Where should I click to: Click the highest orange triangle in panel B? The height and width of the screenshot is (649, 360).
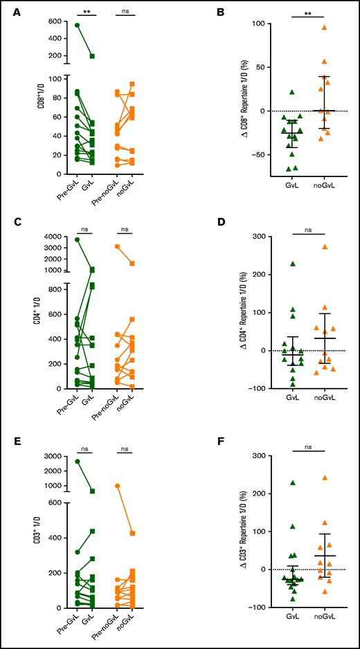(x=323, y=28)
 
